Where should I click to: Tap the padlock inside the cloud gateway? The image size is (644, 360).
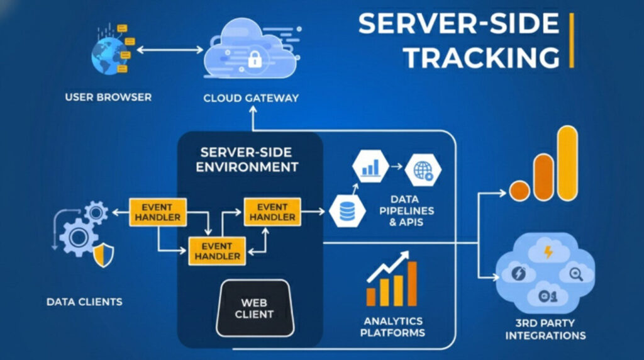254,60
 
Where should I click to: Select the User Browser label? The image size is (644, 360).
108,98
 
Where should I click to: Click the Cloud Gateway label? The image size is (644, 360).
251,98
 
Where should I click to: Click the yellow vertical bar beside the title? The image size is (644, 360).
571,40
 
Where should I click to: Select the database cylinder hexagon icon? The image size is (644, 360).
347,211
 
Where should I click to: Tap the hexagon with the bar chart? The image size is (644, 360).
370,168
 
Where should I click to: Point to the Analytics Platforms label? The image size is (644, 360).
392,327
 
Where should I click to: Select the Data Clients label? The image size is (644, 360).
84,302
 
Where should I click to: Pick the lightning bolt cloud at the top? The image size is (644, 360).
548,253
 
